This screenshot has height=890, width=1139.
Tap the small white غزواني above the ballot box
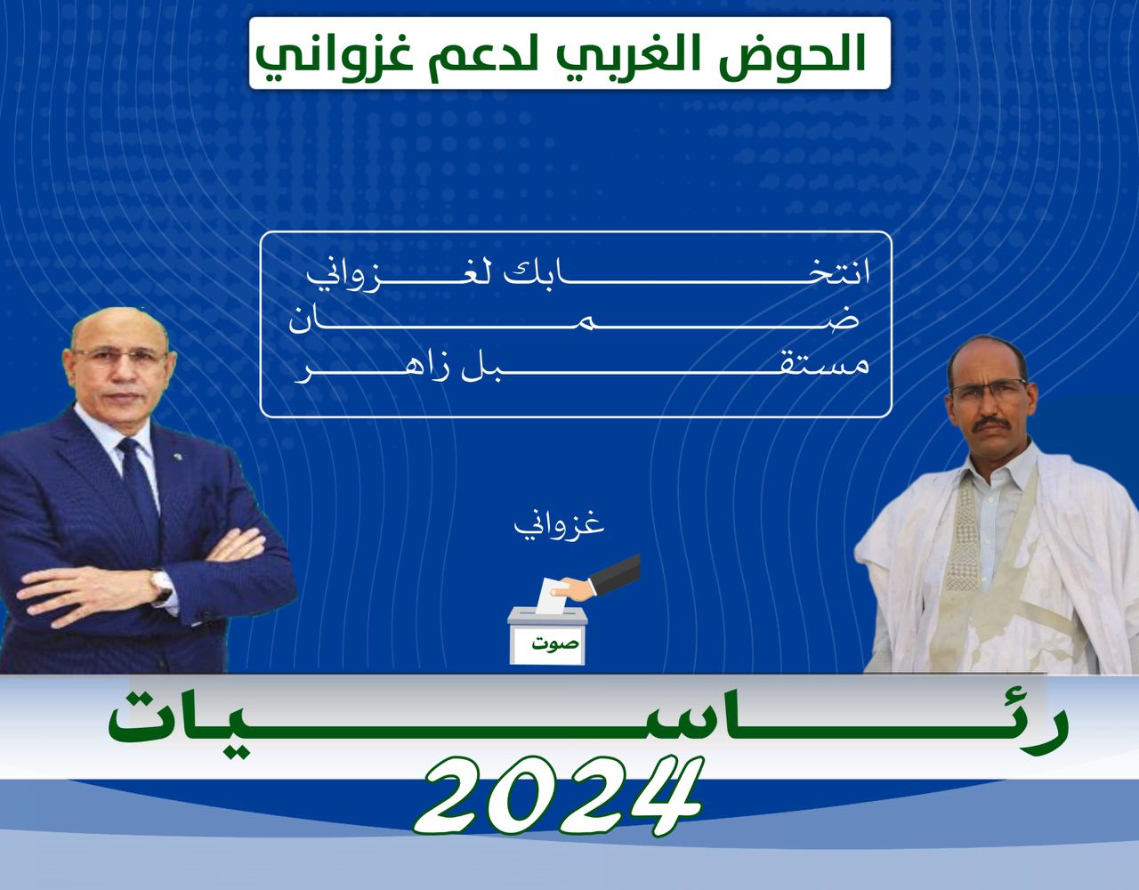click(x=559, y=526)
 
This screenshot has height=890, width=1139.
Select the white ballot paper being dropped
click(x=552, y=595)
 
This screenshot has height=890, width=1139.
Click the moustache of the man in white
click(x=991, y=424)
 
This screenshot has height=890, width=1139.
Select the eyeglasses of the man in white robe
click(x=989, y=387)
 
